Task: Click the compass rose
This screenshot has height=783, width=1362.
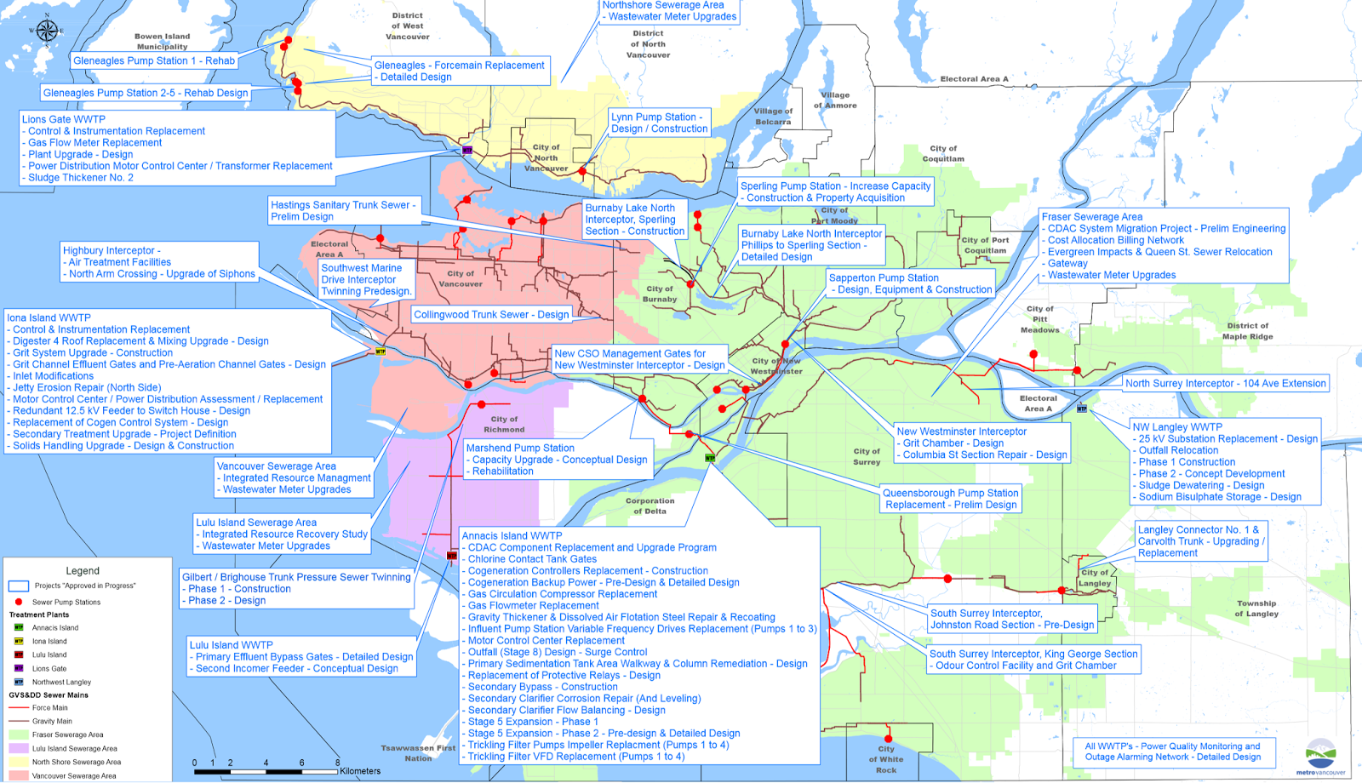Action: (47, 31)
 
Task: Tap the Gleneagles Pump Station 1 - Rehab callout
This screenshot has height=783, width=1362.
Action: (154, 61)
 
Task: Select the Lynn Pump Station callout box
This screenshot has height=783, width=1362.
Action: (660, 123)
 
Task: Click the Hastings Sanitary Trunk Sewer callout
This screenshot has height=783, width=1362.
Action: (343, 211)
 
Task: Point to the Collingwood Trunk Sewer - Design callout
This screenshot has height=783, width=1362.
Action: (491, 315)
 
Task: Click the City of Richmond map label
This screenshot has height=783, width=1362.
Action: (504, 425)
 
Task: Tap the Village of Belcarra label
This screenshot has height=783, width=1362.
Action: (773, 117)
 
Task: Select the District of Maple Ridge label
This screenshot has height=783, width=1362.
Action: (1248, 331)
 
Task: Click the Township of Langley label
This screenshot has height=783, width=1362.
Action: (1257, 609)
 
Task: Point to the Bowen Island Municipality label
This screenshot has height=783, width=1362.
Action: (162, 42)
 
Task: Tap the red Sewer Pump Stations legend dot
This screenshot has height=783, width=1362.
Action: (19, 602)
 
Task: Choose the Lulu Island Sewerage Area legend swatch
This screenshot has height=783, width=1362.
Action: (19, 748)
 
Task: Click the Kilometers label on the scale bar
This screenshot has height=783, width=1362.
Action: (360, 771)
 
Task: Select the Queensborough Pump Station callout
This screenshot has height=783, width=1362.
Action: (951, 499)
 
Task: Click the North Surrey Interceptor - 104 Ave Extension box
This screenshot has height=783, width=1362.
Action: (1225, 384)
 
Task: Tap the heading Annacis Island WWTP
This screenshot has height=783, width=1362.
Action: (512, 536)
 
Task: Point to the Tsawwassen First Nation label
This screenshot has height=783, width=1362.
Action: (418, 753)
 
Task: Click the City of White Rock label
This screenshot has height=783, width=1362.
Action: (886, 759)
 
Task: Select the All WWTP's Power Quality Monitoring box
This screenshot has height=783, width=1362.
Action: (1172, 752)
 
